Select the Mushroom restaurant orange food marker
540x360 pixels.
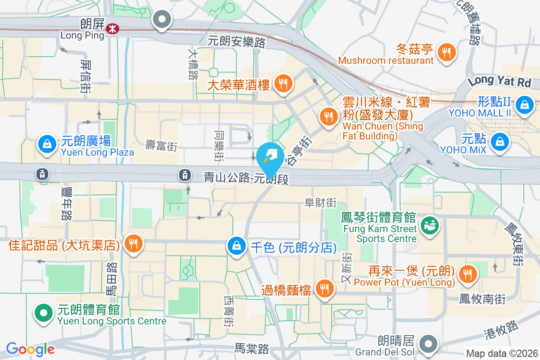coord(446,52)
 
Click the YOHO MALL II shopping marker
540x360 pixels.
coord(524,104)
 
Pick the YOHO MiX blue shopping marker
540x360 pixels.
coord(499,140)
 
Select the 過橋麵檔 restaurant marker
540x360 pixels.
coord(324,288)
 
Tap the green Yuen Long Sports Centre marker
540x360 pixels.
coord(44,312)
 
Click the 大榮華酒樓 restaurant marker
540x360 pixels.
coord(283,83)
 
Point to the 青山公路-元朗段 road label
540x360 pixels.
coord(246,179)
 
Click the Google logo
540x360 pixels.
coord(30,349)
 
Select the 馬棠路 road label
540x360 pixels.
coord(252,348)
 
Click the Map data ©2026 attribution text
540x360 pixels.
coord(502,354)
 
